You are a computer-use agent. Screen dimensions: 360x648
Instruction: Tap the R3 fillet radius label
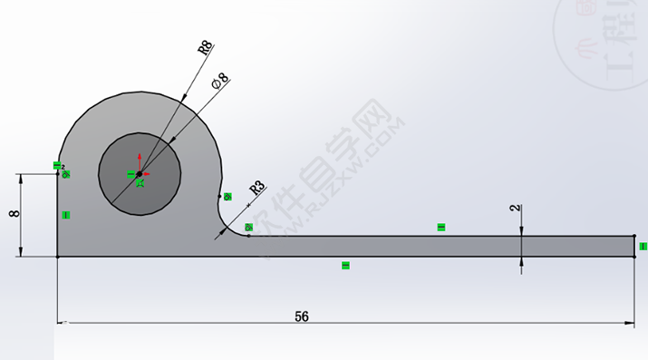coord(256,190)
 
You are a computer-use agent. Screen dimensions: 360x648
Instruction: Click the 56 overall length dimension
coord(302,316)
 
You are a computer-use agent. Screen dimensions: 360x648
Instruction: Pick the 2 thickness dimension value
coord(515,209)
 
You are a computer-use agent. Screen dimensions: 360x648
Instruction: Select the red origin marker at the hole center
coord(138,172)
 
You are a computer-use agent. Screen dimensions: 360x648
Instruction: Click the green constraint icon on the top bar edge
coord(441,227)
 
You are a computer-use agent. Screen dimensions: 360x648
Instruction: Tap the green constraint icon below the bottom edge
coord(345,265)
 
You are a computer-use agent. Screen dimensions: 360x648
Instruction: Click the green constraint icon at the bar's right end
coord(643,246)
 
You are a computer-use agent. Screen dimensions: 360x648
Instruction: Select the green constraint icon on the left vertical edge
coord(66,214)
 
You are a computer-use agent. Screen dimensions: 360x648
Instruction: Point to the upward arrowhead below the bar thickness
coord(521,262)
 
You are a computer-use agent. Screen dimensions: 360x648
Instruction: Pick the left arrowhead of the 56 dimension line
coord(63,323)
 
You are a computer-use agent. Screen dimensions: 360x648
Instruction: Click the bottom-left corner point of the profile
coord(58,257)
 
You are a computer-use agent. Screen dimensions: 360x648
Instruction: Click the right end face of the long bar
coord(633,246)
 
